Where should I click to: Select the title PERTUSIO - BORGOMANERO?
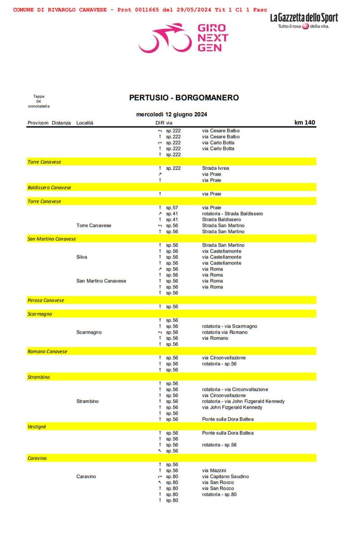(184, 98)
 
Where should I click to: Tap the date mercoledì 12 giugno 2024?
(171, 114)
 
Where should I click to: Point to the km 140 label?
(305, 122)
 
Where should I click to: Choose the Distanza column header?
(61, 123)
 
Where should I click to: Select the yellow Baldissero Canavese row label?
(49, 187)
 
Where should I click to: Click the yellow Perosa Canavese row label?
(46, 300)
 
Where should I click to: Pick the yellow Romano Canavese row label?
(47, 352)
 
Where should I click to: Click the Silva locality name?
(82, 257)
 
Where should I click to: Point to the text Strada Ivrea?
(216, 168)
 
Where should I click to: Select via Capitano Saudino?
(225, 476)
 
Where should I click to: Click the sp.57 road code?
(172, 208)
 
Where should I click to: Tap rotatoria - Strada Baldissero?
(233, 213)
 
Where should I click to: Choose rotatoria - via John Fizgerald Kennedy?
(243, 401)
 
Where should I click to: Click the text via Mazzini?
(214, 471)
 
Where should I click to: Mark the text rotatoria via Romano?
(225, 332)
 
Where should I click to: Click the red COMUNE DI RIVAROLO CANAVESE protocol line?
(140, 9)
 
